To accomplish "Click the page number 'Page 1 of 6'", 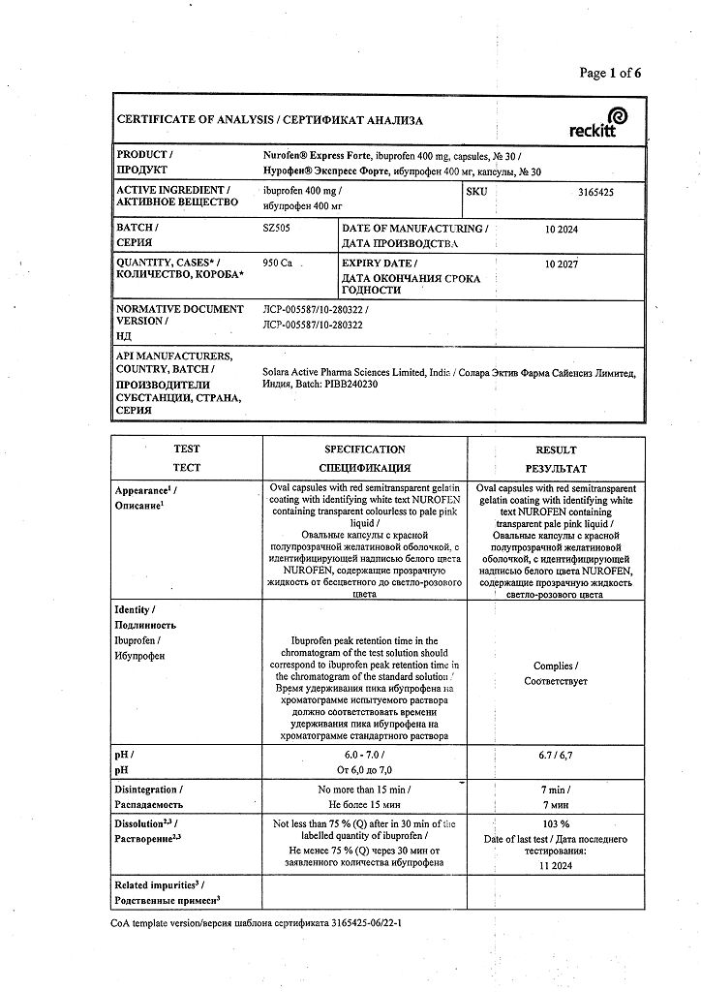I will point(610,73).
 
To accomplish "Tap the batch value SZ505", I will point(277,229).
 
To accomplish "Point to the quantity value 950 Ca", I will point(279,263).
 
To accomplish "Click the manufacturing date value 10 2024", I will point(565,229).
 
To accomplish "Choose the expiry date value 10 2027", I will point(565,263).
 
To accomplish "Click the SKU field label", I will point(477,192).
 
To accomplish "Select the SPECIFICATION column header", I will point(364,449).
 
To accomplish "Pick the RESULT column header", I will point(556,449).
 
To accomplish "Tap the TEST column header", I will point(187,449).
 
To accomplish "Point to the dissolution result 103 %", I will point(556,822).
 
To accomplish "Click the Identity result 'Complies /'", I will point(556,666).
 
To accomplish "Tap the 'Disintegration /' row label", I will point(147,790).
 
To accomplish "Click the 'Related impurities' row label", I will point(158,885).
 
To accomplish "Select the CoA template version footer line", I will point(256,924).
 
